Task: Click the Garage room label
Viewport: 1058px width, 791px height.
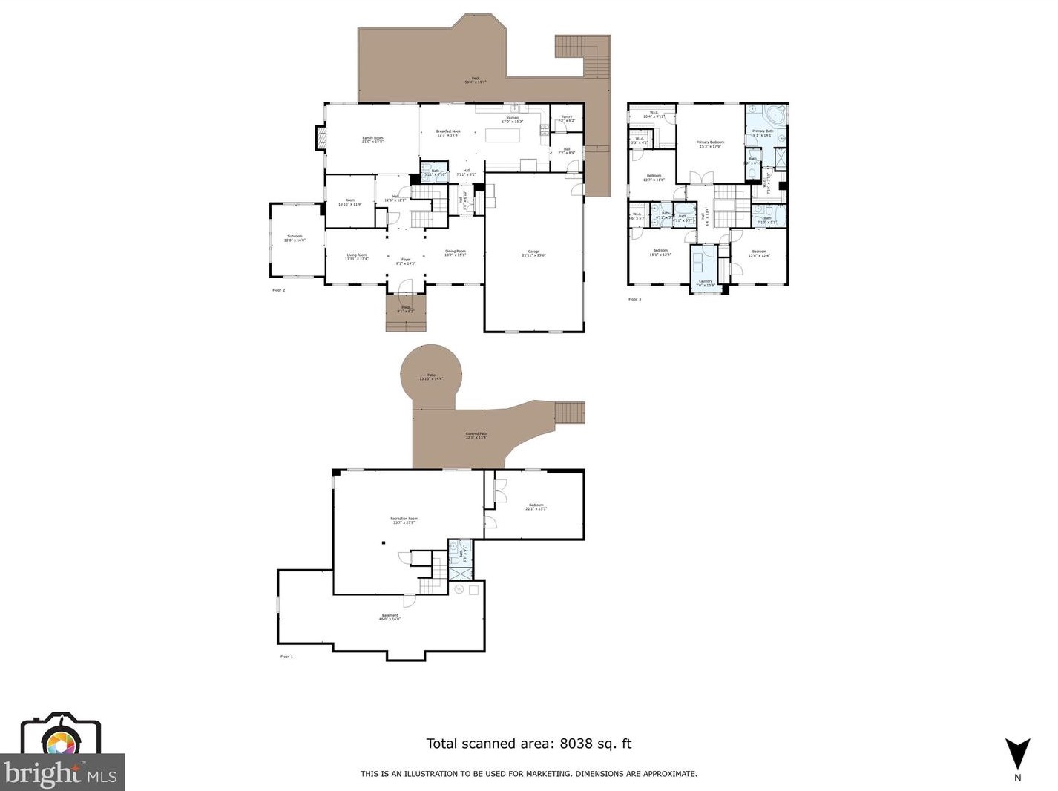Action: pyautogui.click(x=533, y=252)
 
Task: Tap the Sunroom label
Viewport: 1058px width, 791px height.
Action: pyautogui.click(x=295, y=237)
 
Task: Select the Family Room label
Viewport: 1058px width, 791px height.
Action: pyautogui.click(x=372, y=139)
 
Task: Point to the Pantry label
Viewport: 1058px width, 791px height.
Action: pyautogui.click(x=566, y=117)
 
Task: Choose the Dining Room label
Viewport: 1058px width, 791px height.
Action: pyautogui.click(x=455, y=252)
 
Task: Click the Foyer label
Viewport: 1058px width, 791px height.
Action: pyautogui.click(x=405, y=260)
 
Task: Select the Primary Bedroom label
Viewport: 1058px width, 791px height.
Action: pyautogui.click(x=710, y=143)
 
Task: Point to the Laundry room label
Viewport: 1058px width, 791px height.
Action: pyautogui.click(x=705, y=282)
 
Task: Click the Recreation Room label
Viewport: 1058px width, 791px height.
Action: pyautogui.click(x=404, y=519)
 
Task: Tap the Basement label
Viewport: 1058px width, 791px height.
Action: pyautogui.click(x=390, y=616)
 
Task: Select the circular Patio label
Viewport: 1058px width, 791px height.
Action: pyautogui.click(x=430, y=377)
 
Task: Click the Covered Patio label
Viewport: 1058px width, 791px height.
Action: pyautogui.click(x=476, y=435)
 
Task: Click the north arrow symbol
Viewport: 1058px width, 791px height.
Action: pyautogui.click(x=1017, y=754)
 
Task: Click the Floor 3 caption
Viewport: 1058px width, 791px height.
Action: pyautogui.click(x=634, y=299)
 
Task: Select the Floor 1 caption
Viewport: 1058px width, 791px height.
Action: pyautogui.click(x=286, y=657)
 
